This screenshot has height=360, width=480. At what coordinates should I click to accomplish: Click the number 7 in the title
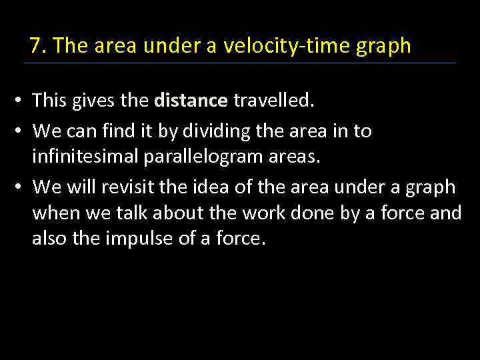36,46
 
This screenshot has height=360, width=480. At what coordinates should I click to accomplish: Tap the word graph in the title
387,47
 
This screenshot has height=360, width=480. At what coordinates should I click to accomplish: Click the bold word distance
191,101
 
